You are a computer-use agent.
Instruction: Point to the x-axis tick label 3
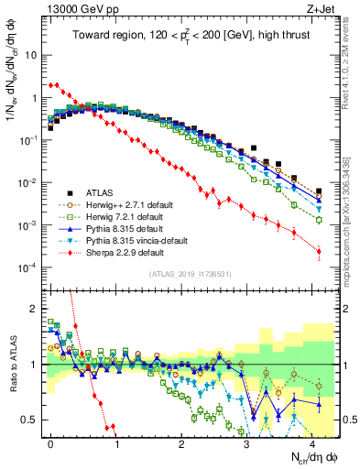pos(246,441)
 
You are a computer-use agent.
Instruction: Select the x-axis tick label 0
pos(50,441)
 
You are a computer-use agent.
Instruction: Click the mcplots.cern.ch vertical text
pos(352,229)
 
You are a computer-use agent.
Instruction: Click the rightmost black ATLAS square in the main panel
pos(319,191)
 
